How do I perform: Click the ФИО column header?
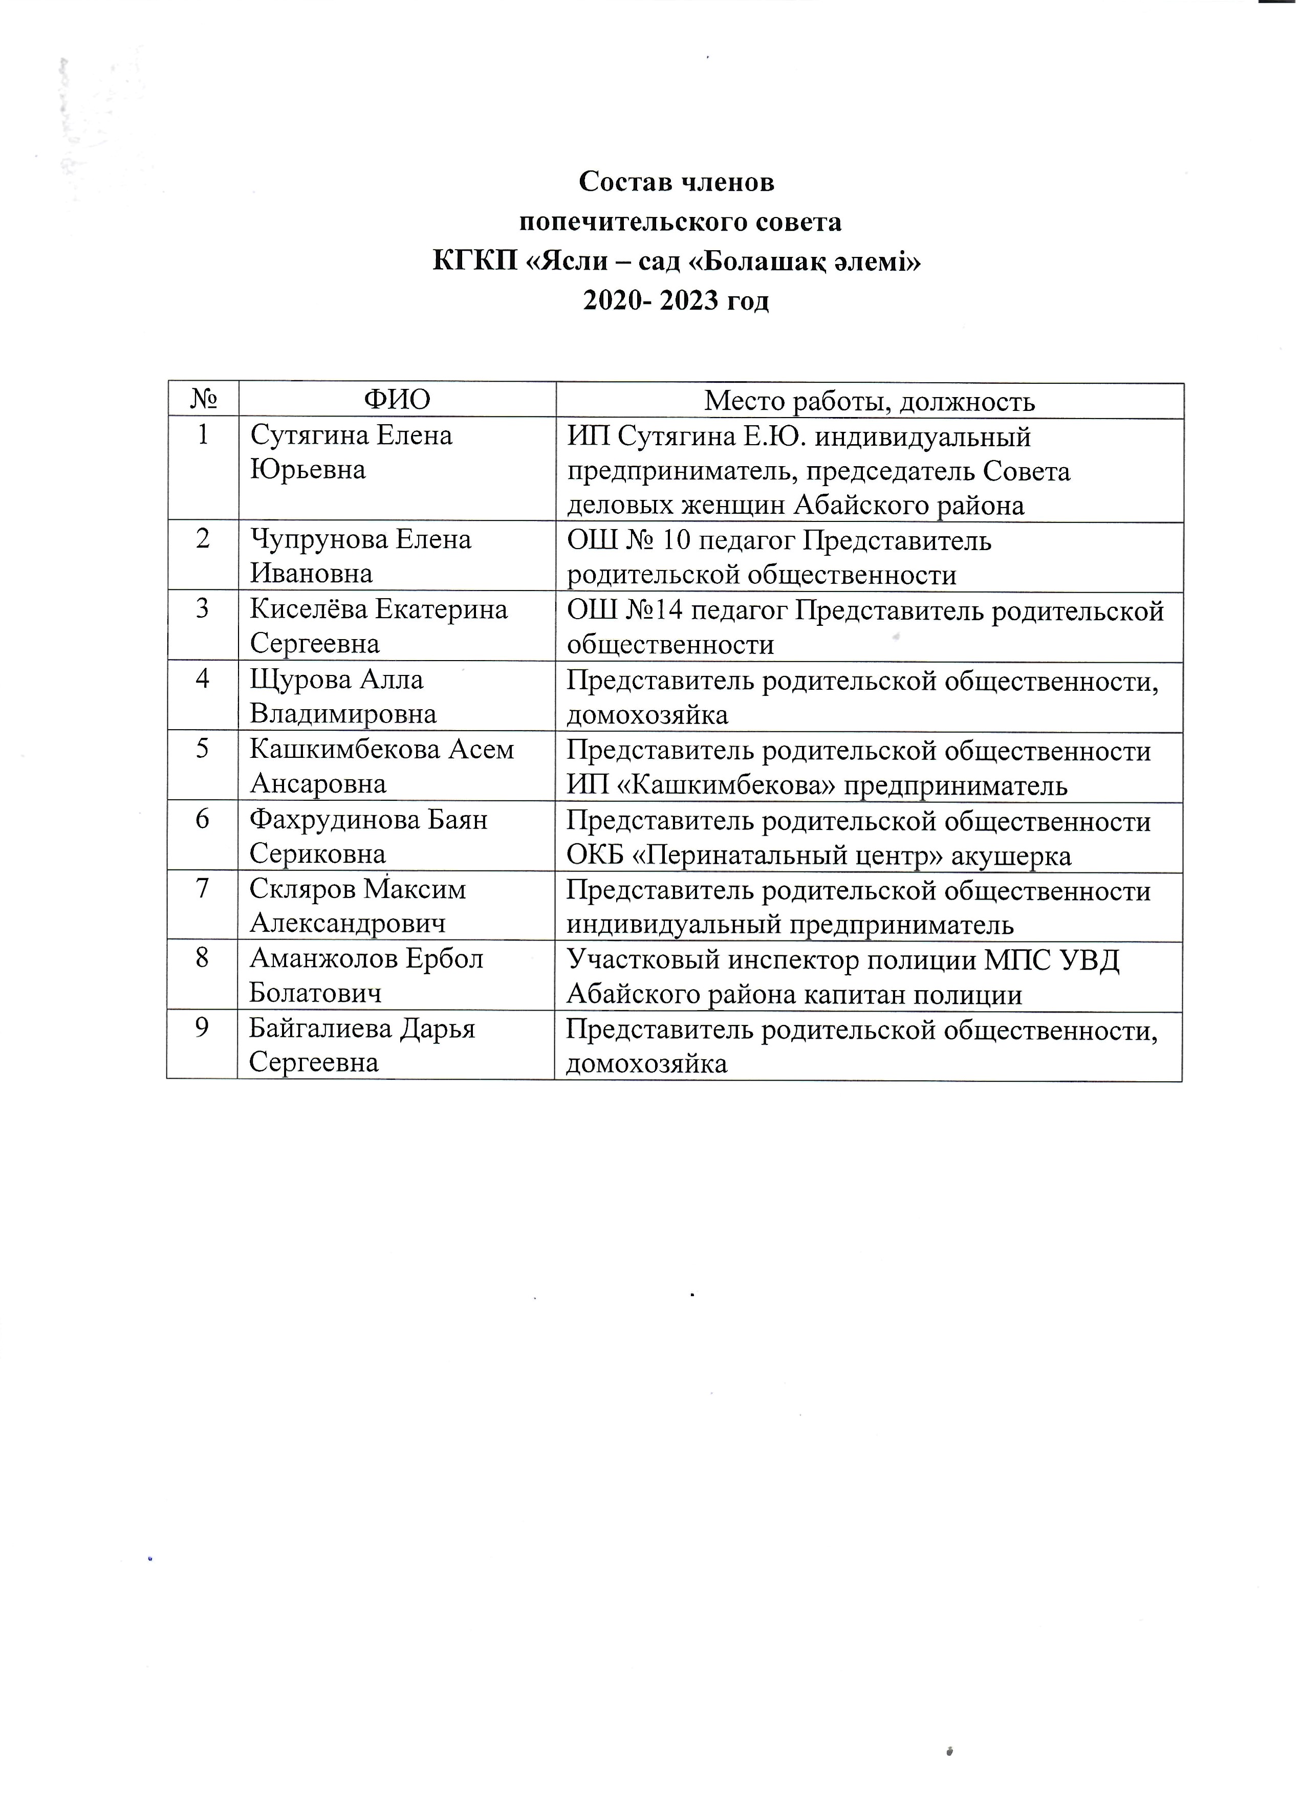[x=397, y=400]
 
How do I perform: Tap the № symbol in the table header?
[x=203, y=400]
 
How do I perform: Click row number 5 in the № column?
[x=202, y=749]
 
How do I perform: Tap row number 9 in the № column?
[x=202, y=1027]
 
